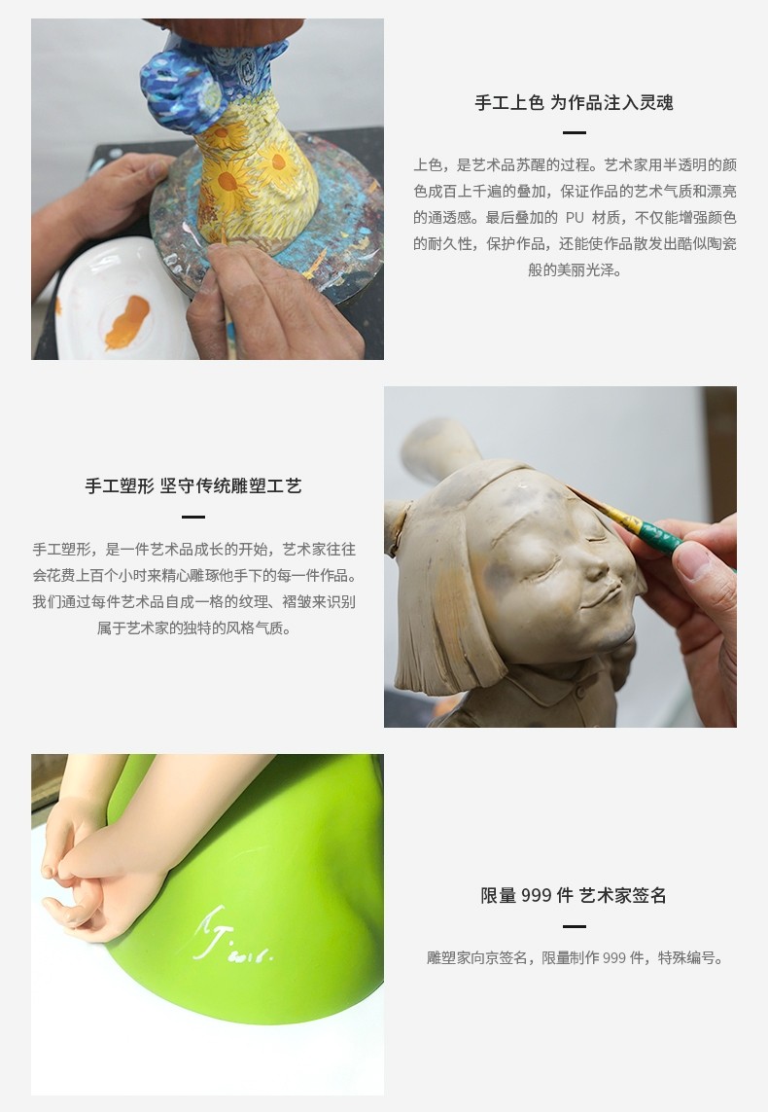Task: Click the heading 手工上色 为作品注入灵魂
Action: click(574, 102)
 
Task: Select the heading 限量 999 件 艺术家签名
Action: click(574, 895)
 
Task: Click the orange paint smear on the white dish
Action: click(126, 322)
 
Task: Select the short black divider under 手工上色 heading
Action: click(574, 132)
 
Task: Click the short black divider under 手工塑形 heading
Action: click(193, 517)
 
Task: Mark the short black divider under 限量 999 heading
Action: click(574, 926)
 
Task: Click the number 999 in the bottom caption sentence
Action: click(614, 958)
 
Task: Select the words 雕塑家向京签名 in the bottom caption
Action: click(479, 958)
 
